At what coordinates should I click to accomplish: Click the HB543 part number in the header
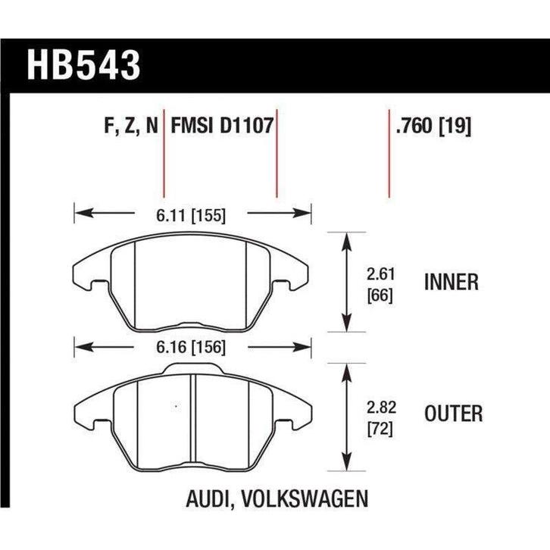point(84,67)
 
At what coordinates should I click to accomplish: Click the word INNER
point(452,283)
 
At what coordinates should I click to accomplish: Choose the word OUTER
point(454,413)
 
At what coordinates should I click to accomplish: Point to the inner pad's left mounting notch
point(95,285)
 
